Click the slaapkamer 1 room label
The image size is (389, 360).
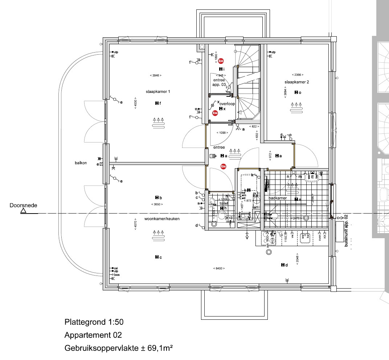pos(158,92)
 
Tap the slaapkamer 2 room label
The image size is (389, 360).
pos(296,82)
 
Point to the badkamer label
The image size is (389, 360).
pos(278,198)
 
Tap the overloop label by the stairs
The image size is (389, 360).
pos(227,104)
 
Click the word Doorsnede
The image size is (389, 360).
pos(23,205)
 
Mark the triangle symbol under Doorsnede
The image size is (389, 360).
pos(23,211)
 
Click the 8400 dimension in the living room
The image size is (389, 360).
pos(218,268)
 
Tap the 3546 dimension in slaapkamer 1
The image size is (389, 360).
pos(155,75)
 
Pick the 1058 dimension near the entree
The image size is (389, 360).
pos(222,133)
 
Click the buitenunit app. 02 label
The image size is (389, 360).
pos(346,231)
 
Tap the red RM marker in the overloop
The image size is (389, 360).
pos(215,113)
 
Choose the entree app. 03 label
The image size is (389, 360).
pos(219,82)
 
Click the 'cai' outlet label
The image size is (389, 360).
pos(116,268)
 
